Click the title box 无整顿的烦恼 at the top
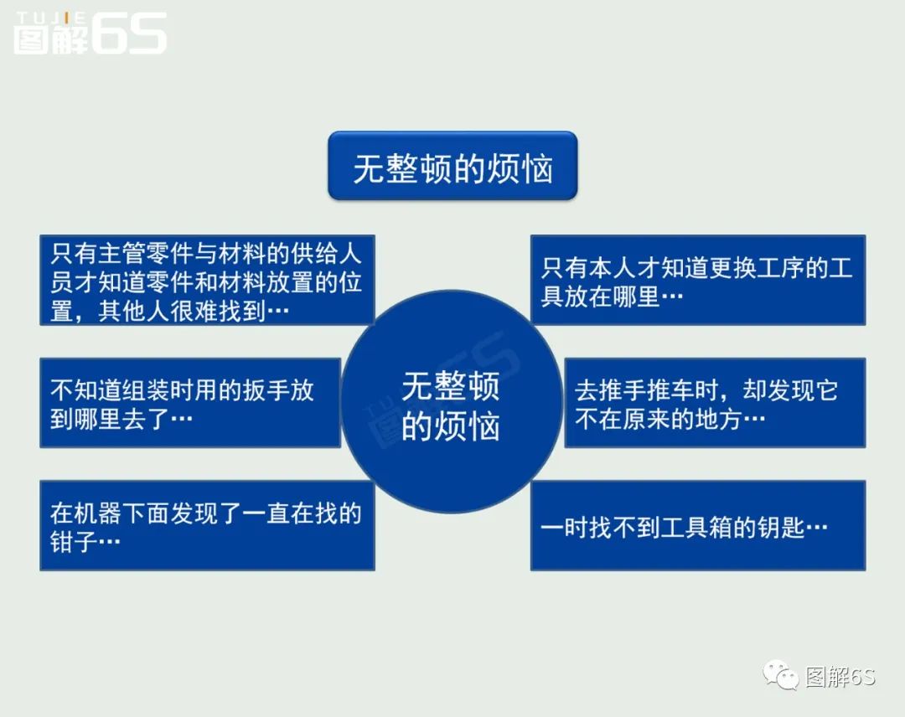point(452,166)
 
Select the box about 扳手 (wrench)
point(190,403)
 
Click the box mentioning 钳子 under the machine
point(207,525)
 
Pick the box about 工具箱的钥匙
point(697,525)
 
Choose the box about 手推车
point(714,403)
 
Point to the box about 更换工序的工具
point(697,281)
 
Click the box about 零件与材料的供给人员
point(207,281)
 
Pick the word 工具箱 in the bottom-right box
point(685,528)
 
